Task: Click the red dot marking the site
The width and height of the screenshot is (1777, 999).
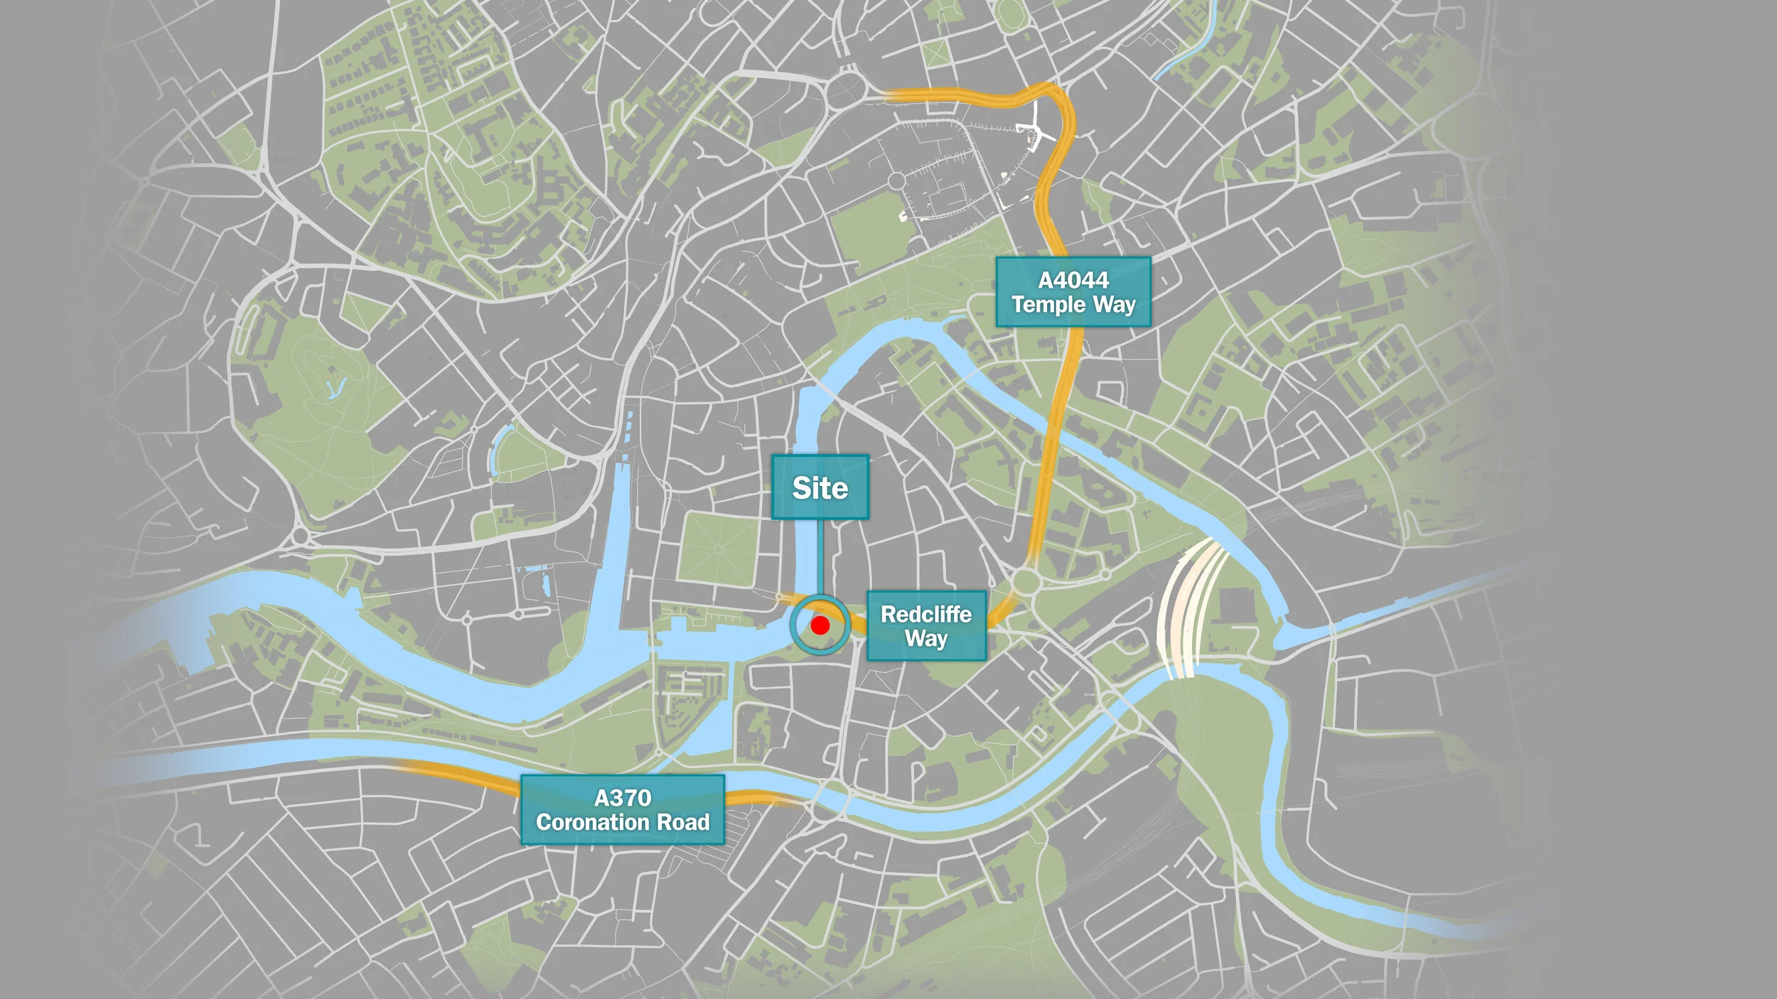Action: click(x=820, y=625)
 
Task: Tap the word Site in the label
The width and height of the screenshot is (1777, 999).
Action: click(x=820, y=488)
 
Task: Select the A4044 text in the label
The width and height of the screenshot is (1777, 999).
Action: click(x=1073, y=280)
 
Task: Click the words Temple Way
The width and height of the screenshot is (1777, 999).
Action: click(x=1073, y=305)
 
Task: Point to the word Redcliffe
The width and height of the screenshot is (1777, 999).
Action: click(x=925, y=614)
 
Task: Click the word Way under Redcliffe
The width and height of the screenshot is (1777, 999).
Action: click(x=925, y=638)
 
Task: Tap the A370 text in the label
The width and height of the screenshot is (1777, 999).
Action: click(x=623, y=798)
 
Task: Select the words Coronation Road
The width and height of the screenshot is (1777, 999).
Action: click(x=623, y=822)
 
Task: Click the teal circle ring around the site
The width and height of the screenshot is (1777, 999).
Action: click(x=793, y=625)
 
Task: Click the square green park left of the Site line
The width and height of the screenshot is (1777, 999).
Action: click(x=718, y=549)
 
